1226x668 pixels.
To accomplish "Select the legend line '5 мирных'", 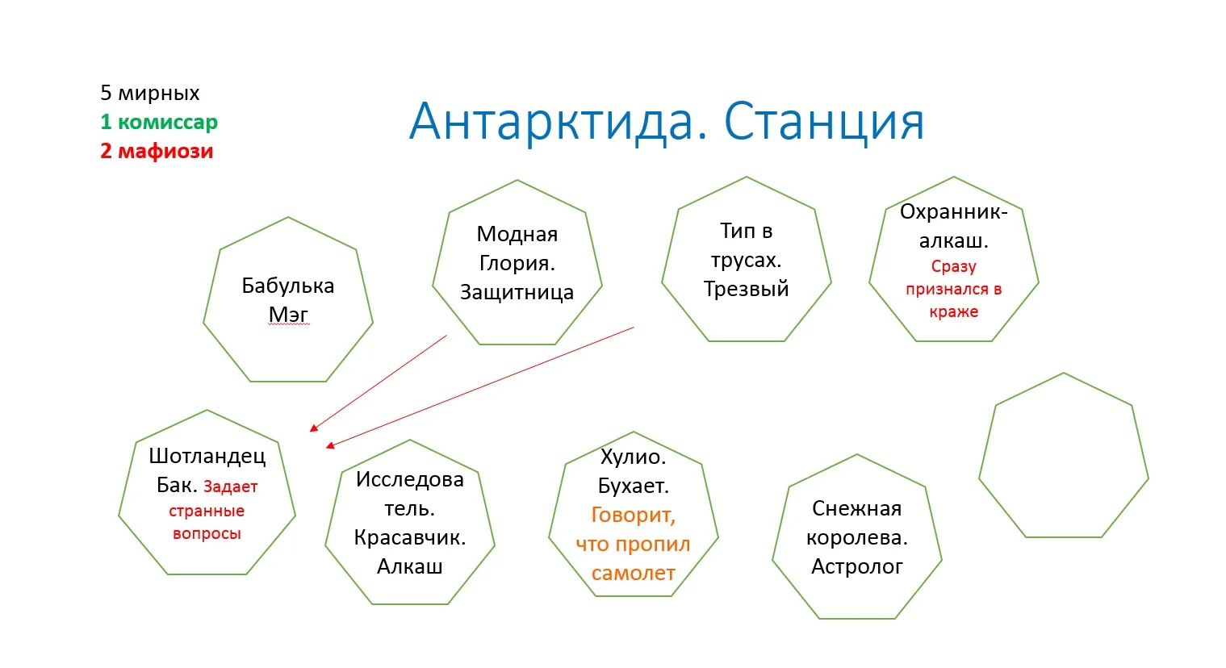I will pyautogui.click(x=150, y=93).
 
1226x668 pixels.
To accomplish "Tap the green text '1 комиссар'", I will pyautogui.click(x=159, y=122).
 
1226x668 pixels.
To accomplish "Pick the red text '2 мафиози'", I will pyautogui.click(x=157, y=151).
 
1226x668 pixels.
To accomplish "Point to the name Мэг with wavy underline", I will pyautogui.click(x=288, y=315).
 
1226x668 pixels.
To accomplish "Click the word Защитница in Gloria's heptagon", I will pyautogui.click(x=517, y=292).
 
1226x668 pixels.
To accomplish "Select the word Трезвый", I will pyautogui.click(x=746, y=289).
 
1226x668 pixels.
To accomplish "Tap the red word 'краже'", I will pyautogui.click(x=953, y=311).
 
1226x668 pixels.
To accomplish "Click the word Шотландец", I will pyautogui.click(x=207, y=456).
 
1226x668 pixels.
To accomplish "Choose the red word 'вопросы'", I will pyautogui.click(x=207, y=533).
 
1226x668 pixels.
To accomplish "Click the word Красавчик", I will pyautogui.click(x=409, y=537).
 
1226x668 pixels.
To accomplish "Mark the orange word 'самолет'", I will pyautogui.click(x=633, y=573).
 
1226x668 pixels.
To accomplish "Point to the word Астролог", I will pyautogui.click(x=856, y=566).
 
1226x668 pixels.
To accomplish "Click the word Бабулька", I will pyautogui.click(x=287, y=286).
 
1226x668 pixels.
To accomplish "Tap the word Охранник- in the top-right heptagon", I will pyautogui.click(x=953, y=211).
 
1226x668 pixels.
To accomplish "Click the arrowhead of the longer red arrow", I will pyautogui.click(x=328, y=445).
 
